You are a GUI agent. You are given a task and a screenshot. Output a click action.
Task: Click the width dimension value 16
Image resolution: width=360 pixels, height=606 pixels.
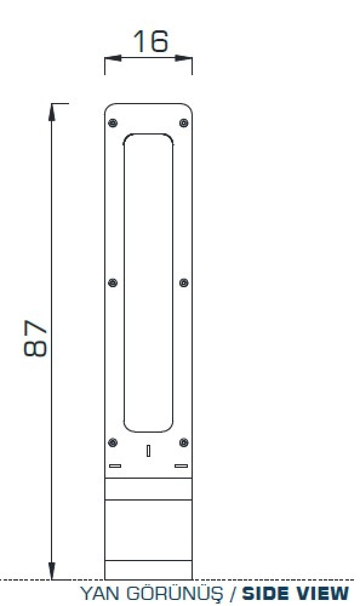151,41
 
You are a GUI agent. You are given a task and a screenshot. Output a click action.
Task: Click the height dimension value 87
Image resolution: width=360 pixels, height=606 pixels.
35,338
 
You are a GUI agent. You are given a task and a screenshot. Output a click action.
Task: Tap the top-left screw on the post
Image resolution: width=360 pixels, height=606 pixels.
113,123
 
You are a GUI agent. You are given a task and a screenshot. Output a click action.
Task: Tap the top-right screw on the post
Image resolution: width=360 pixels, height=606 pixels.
184,123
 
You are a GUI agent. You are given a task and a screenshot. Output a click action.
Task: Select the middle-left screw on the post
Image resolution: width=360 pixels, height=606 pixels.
113,282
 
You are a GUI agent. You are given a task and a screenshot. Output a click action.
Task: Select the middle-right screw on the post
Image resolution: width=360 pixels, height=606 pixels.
184,282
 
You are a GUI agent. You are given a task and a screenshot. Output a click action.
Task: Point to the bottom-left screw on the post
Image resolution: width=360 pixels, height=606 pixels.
113,442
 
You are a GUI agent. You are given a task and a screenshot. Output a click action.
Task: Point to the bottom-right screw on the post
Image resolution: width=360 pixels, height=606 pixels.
184,442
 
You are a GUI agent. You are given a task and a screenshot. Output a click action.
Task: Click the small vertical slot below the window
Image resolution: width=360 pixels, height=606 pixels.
148,451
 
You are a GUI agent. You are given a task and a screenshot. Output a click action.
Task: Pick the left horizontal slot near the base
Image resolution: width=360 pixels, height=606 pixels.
115,466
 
